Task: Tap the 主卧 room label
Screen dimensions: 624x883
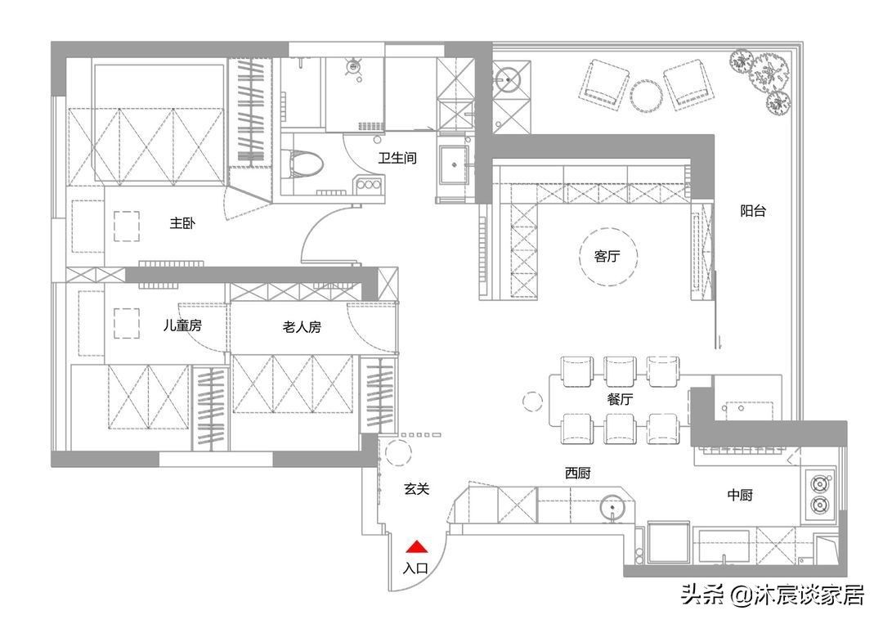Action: click(x=182, y=224)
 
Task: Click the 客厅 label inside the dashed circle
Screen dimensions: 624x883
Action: click(x=606, y=257)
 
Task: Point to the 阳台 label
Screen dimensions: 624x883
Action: click(x=753, y=211)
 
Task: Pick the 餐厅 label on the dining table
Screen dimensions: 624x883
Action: click(x=620, y=400)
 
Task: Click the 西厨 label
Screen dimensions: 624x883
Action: click(x=577, y=474)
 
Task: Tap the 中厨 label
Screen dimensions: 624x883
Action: click(x=740, y=495)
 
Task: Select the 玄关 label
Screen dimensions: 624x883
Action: click(x=416, y=489)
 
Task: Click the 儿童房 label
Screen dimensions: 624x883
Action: click(x=182, y=326)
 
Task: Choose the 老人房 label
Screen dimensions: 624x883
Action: click(x=301, y=327)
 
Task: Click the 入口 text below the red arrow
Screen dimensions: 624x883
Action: click(x=416, y=568)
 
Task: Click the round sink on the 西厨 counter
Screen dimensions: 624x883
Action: click(x=612, y=509)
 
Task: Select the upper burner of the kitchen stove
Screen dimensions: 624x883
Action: click(x=819, y=483)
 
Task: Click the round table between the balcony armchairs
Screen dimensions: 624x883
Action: click(x=645, y=95)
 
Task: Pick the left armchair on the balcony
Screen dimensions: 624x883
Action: click(x=603, y=83)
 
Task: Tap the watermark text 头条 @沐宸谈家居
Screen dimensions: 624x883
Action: click(x=773, y=595)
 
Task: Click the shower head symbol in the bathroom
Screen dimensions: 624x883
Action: click(x=355, y=67)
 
